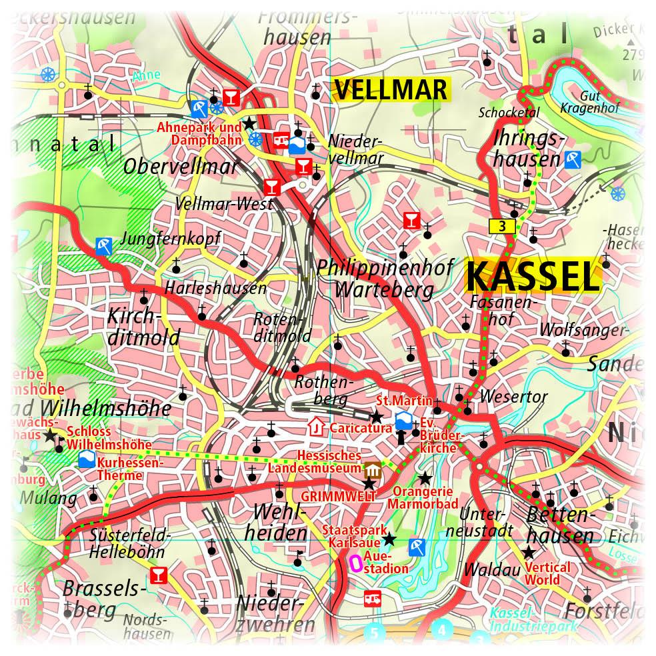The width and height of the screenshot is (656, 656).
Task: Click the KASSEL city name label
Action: [x=532, y=276]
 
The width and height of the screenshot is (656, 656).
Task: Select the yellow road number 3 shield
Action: [x=502, y=227]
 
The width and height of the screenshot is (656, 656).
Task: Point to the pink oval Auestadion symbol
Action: [x=356, y=564]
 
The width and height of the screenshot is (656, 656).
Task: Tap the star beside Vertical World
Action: [x=529, y=552]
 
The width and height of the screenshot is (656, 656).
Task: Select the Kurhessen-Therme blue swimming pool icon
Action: [x=86, y=460]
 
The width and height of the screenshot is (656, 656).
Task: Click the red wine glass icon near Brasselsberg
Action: [x=158, y=574]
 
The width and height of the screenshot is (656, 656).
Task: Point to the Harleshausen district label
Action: [x=215, y=289]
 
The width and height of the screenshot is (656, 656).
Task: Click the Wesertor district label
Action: [x=513, y=397]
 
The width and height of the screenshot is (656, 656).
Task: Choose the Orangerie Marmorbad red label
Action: [x=425, y=498]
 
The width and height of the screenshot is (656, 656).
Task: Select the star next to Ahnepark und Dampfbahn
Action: [x=249, y=123]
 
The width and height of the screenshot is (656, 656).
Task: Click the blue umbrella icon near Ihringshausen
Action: [x=572, y=159]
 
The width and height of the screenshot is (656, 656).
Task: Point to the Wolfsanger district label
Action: [x=583, y=330]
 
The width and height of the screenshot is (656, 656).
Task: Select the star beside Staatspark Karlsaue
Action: [x=389, y=539]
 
